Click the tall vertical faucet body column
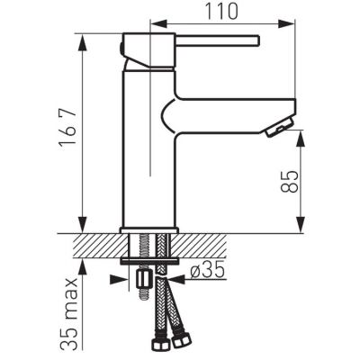(139, 153)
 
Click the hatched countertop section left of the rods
(94, 246)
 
